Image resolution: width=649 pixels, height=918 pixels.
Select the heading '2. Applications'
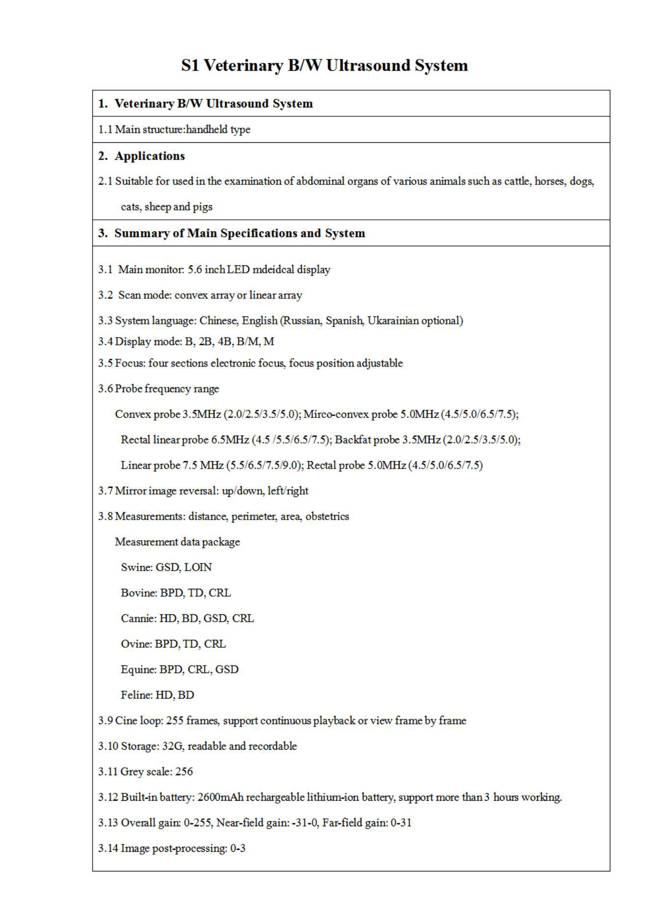click(x=142, y=156)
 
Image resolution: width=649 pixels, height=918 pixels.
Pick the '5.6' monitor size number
click(x=195, y=269)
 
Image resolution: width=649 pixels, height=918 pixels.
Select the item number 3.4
click(x=105, y=341)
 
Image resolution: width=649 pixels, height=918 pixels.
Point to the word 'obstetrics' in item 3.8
click(x=327, y=516)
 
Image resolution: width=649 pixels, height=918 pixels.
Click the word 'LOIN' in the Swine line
click(x=198, y=567)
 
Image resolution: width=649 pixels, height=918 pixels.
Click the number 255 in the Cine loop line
click(x=175, y=720)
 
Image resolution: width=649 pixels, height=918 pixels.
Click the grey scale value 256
click(x=184, y=771)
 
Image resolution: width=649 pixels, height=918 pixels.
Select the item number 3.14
click(x=108, y=848)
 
